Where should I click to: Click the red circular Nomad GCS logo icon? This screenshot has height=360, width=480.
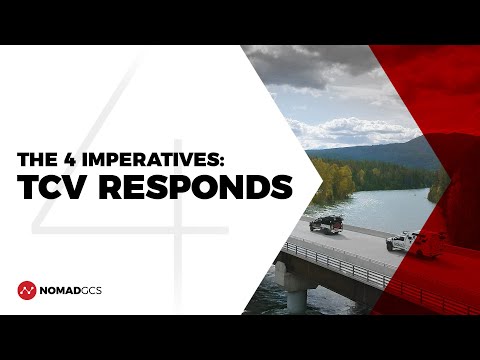(x=27, y=290)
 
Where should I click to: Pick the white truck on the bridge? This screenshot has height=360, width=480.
(x=402, y=241)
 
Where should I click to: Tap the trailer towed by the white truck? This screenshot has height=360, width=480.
(x=431, y=246)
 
